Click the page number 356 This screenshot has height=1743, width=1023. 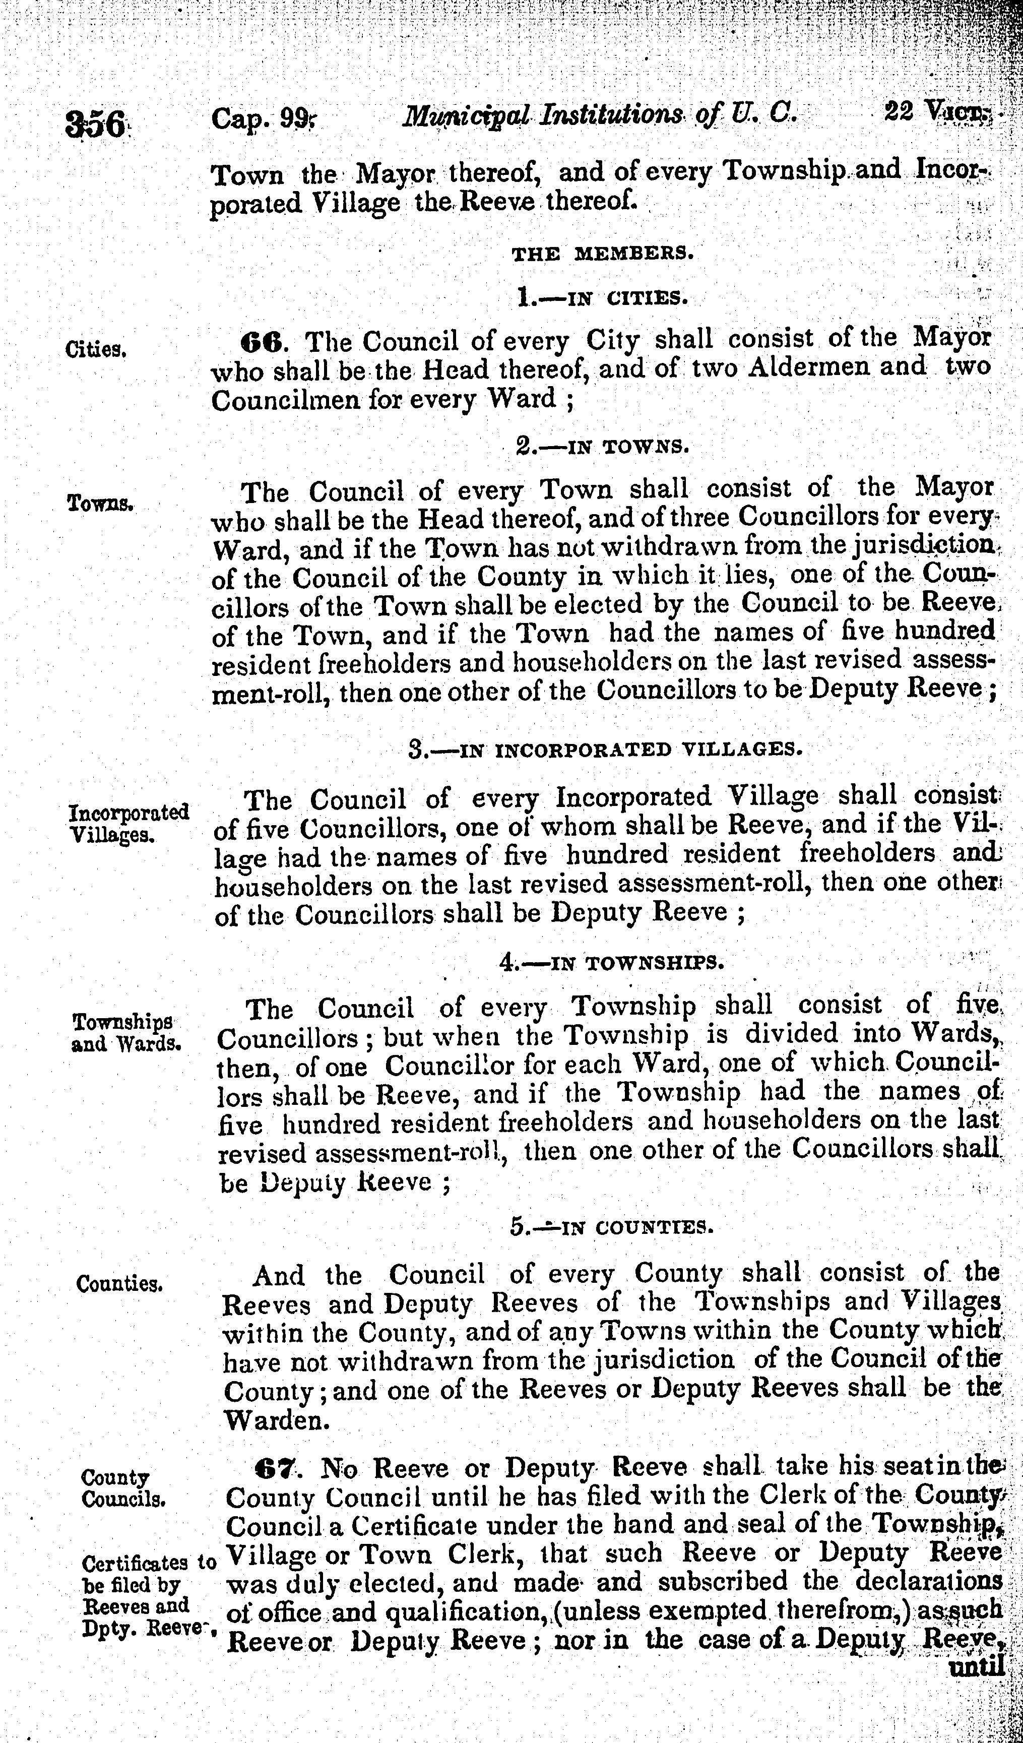pos(95,125)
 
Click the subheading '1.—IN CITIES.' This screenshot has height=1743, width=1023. pos(601,299)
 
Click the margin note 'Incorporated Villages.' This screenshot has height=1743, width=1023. pos(130,823)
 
